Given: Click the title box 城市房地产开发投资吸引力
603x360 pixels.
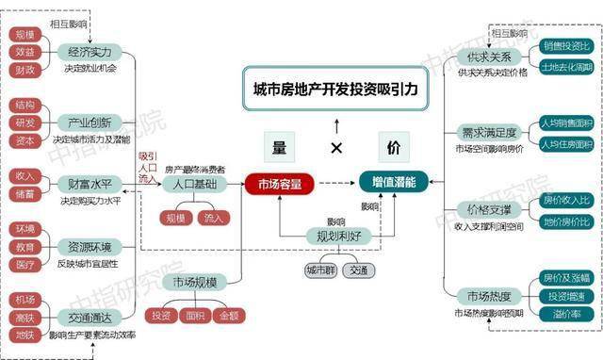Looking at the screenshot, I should [334, 90].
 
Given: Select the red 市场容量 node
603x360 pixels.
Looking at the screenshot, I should [279, 184].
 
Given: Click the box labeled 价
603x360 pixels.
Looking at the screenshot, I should [394, 147].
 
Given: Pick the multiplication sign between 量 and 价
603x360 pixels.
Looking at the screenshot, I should [336, 148].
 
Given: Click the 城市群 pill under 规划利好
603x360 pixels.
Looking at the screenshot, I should [317, 270].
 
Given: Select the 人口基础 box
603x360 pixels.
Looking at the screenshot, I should [195, 184].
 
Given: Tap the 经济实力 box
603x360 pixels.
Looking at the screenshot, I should [90, 53].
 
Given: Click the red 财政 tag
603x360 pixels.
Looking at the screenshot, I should [24, 71].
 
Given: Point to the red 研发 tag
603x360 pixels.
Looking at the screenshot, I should [24, 123].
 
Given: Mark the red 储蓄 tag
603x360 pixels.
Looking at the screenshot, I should [24, 194].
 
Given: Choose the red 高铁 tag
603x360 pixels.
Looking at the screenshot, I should [24, 317].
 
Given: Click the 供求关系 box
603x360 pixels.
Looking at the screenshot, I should [477, 56].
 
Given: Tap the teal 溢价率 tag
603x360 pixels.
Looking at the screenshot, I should [567, 315].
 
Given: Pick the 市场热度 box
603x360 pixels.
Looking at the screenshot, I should [477, 297].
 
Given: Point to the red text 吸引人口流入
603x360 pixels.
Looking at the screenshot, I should [147, 167].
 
